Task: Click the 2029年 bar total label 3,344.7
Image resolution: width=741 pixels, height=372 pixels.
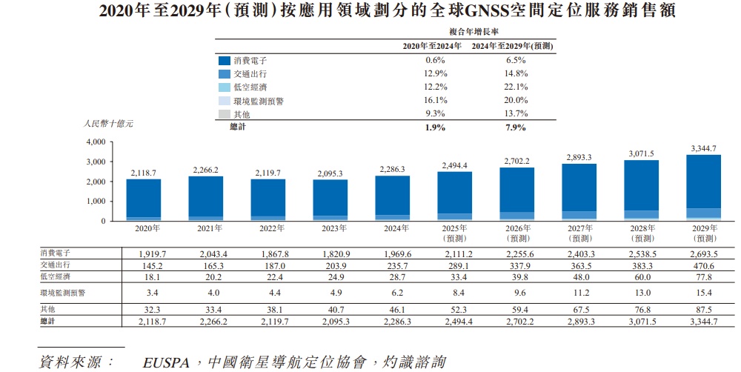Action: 702,148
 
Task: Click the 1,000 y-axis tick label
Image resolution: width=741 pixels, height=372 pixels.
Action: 96,202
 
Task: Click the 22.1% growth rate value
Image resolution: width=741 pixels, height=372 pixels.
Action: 516,87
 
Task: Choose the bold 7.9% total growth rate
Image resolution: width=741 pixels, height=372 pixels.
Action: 516,127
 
